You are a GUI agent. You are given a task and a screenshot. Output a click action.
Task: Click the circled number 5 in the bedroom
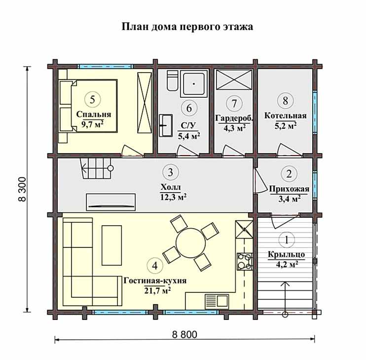click(x=93, y=99)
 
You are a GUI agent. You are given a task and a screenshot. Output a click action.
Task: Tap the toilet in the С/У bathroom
click(x=173, y=80)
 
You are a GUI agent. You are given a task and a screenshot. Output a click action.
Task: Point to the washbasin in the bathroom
click(x=166, y=125)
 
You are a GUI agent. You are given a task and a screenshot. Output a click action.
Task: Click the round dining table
click(x=191, y=243)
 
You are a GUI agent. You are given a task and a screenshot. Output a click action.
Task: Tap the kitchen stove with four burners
click(x=245, y=262)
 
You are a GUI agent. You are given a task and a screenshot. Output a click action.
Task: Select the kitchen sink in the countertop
click(x=217, y=300)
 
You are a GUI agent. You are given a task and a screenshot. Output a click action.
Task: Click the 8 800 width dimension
click(x=184, y=334)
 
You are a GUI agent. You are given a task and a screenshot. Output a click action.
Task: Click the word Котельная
click(x=285, y=116)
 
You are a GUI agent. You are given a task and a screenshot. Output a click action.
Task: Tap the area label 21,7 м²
click(x=157, y=291)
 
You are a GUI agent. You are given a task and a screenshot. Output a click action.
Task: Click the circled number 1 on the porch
click(x=287, y=240)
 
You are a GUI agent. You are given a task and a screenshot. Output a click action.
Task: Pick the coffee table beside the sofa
click(x=112, y=245)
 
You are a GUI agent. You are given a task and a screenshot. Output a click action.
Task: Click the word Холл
click(x=171, y=187)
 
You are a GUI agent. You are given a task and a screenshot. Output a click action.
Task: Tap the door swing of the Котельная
click(x=289, y=150)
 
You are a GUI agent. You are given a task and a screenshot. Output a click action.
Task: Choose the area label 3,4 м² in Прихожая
click(x=289, y=199)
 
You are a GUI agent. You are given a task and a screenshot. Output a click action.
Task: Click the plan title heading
click(x=187, y=27)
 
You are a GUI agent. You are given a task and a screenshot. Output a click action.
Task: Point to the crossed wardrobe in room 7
click(x=234, y=80)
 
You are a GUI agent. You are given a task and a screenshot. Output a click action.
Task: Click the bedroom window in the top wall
click(x=106, y=66)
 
